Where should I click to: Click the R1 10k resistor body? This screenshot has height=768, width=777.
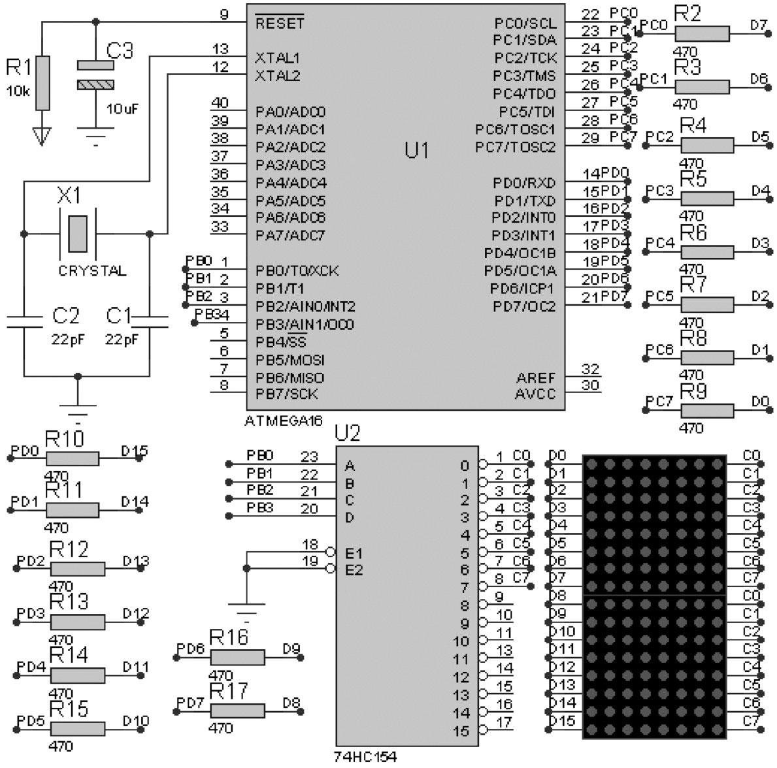point(42,83)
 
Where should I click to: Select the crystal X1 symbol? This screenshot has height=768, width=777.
point(78,232)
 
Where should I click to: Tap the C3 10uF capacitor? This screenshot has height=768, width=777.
point(95,75)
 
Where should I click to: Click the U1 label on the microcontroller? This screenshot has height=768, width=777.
point(416,151)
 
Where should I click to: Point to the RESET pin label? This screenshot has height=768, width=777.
point(279,24)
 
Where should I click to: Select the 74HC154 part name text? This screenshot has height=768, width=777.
point(365,757)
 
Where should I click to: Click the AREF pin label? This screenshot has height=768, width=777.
point(536,378)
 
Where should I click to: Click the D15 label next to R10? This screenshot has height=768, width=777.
point(135,450)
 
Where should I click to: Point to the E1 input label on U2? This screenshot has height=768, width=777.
point(354,553)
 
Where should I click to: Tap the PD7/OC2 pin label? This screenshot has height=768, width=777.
point(524,306)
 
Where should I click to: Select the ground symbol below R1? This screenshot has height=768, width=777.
point(42,136)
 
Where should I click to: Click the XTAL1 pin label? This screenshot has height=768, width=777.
point(277,58)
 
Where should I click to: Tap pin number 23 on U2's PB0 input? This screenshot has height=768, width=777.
point(308,456)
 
